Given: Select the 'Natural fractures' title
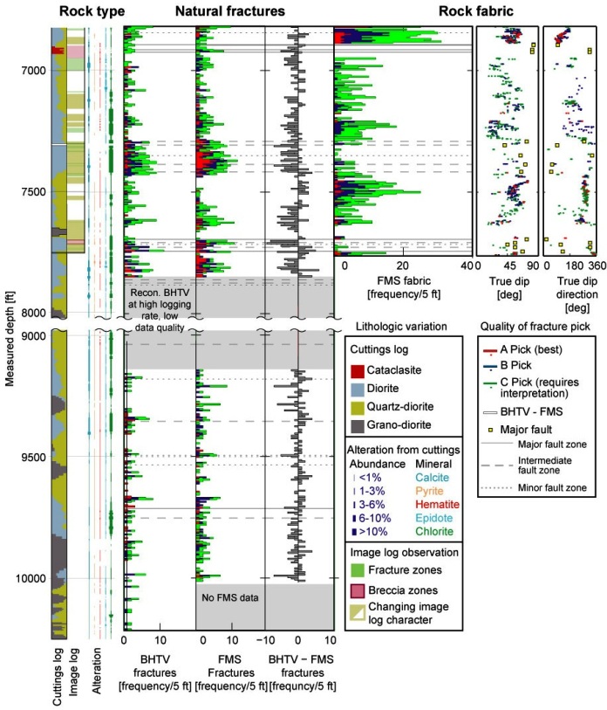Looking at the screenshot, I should [x=229, y=11].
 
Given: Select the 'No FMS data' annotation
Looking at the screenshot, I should [x=230, y=596].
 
